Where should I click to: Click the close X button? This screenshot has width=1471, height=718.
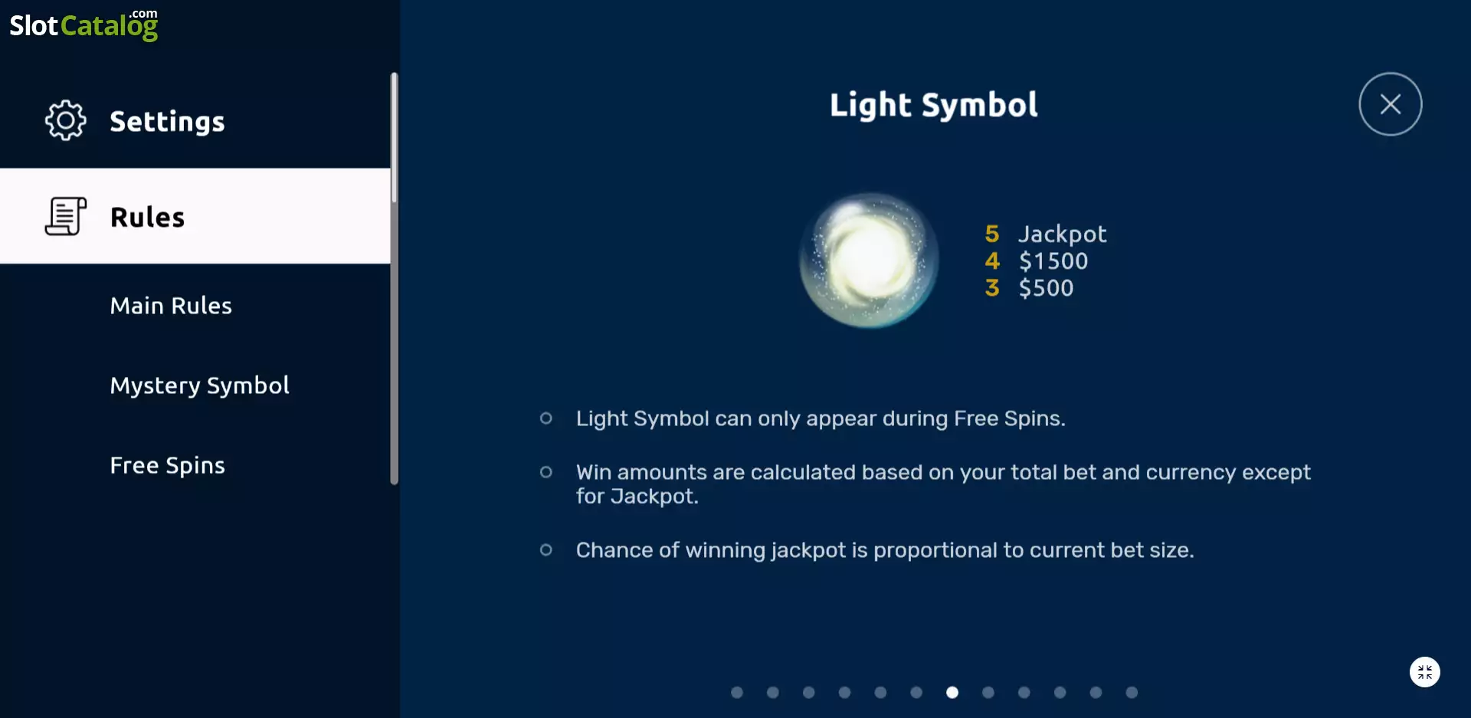click(1390, 104)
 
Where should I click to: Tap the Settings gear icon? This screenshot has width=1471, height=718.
click(66, 120)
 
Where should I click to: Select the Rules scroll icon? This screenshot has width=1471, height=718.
click(66, 216)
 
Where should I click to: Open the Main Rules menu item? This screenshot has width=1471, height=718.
click(171, 306)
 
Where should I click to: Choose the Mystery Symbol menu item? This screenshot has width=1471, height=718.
click(200, 385)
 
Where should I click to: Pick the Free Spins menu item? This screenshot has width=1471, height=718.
click(168, 465)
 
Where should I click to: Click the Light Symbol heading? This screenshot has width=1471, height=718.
click(934, 105)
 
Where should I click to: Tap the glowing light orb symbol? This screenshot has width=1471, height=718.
click(869, 261)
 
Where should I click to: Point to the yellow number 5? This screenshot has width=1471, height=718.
click(992, 234)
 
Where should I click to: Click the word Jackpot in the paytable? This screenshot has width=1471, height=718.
click(1063, 234)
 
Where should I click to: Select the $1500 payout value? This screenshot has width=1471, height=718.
click(1053, 261)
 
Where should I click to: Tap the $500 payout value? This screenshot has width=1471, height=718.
click(1047, 288)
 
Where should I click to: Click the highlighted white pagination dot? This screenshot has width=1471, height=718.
click(952, 693)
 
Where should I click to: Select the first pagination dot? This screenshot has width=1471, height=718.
click(737, 693)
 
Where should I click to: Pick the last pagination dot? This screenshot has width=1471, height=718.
click(1132, 693)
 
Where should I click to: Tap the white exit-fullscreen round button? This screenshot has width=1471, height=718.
click(1425, 672)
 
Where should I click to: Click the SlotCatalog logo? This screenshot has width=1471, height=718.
click(84, 25)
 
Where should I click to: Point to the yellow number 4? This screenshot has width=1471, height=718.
click(992, 261)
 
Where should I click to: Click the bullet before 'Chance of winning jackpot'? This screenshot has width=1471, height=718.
click(546, 549)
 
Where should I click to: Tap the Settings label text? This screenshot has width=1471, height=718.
click(168, 122)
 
